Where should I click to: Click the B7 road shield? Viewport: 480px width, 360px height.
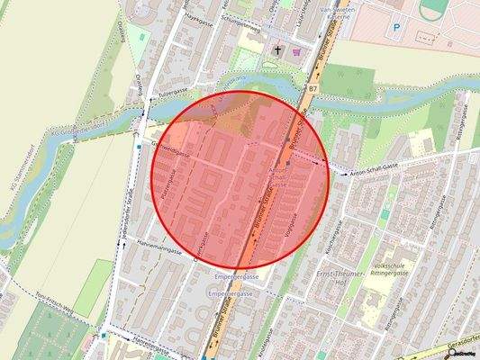click(313, 89)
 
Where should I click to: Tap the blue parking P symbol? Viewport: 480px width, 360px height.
click(396, 28)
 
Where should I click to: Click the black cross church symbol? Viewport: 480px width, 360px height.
click(278, 49)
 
